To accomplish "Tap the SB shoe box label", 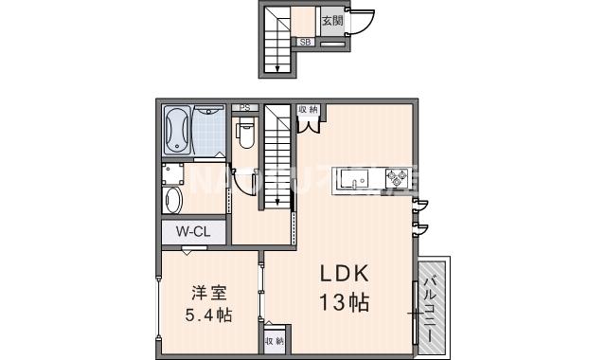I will [x=306, y=42].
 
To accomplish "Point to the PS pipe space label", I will [x=244, y=107].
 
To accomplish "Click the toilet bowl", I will [x=245, y=134].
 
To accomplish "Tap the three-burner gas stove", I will [x=396, y=177].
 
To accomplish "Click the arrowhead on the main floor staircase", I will [x=276, y=200].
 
